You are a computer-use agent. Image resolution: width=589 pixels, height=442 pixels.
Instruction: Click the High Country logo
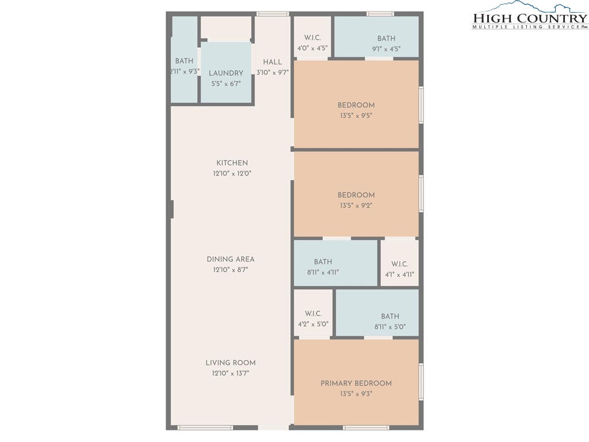(530, 15)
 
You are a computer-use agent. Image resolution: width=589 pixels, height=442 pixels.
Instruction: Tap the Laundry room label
(225, 73)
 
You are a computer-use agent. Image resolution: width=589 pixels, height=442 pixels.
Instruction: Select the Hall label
(272, 62)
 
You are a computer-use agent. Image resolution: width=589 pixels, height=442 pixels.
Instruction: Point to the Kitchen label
(232, 163)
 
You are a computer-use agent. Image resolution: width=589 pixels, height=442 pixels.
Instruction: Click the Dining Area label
(231, 259)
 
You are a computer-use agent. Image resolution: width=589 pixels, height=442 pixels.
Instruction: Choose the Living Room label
(231, 363)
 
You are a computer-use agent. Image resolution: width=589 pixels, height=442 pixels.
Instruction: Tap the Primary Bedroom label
(356, 383)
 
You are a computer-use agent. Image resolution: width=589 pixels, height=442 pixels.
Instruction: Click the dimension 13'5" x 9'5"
(356, 116)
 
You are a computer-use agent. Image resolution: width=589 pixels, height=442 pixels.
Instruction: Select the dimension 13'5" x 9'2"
(356, 205)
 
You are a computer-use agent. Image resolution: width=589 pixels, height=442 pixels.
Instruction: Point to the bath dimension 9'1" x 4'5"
(386, 49)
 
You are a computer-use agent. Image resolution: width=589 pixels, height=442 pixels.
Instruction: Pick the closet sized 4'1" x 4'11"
(400, 262)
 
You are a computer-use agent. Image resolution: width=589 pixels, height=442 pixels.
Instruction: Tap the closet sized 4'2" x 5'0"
(313, 314)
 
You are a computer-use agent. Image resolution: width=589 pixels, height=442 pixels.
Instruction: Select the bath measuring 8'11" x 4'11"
(335, 262)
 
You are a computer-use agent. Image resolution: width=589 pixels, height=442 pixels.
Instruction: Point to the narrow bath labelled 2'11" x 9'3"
(185, 59)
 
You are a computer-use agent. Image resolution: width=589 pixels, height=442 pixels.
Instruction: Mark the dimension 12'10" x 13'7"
(231, 373)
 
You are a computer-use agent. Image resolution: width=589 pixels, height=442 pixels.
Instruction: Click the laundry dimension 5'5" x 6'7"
(225, 84)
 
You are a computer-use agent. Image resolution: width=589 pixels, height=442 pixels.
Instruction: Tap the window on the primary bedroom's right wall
(421, 381)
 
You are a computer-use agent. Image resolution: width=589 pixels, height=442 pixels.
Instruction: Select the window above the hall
(273, 14)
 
